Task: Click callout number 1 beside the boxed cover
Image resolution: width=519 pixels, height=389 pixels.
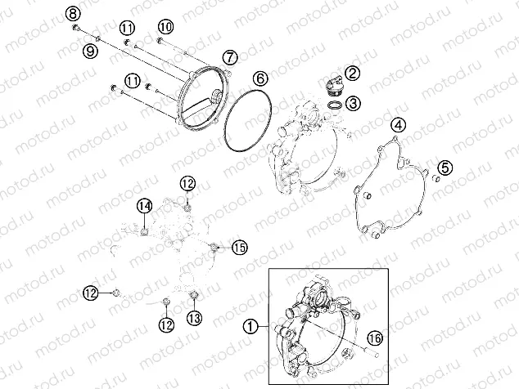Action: click(x=250, y=327)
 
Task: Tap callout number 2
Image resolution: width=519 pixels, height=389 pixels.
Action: click(x=352, y=73)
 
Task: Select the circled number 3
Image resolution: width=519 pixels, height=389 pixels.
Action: click(x=354, y=104)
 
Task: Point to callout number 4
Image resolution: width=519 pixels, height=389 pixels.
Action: click(x=399, y=125)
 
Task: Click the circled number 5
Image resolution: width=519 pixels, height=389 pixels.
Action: click(x=445, y=168)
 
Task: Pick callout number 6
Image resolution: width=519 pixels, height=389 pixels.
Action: click(x=260, y=78)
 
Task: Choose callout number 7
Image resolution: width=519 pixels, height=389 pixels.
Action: click(x=230, y=57)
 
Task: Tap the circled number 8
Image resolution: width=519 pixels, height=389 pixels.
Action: click(x=73, y=14)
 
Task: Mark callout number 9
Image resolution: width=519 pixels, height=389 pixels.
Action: click(x=90, y=51)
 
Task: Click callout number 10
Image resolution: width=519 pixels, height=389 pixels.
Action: click(x=166, y=26)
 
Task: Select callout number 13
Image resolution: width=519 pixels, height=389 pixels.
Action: click(x=194, y=318)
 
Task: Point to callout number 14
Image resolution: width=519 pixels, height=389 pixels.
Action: click(x=145, y=206)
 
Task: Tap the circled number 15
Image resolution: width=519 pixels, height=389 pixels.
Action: click(x=240, y=248)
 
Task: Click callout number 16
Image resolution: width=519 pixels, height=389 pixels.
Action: click(x=375, y=338)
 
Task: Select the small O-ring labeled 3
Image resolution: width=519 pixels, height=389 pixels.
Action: click(x=334, y=105)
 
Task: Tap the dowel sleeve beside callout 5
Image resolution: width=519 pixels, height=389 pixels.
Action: click(x=437, y=179)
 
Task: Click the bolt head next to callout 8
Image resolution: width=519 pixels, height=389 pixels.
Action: click(x=76, y=28)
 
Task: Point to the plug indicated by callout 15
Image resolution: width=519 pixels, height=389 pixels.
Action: click(x=214, y=247)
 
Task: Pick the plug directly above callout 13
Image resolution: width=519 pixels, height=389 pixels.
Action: click(x=194, y=294)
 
